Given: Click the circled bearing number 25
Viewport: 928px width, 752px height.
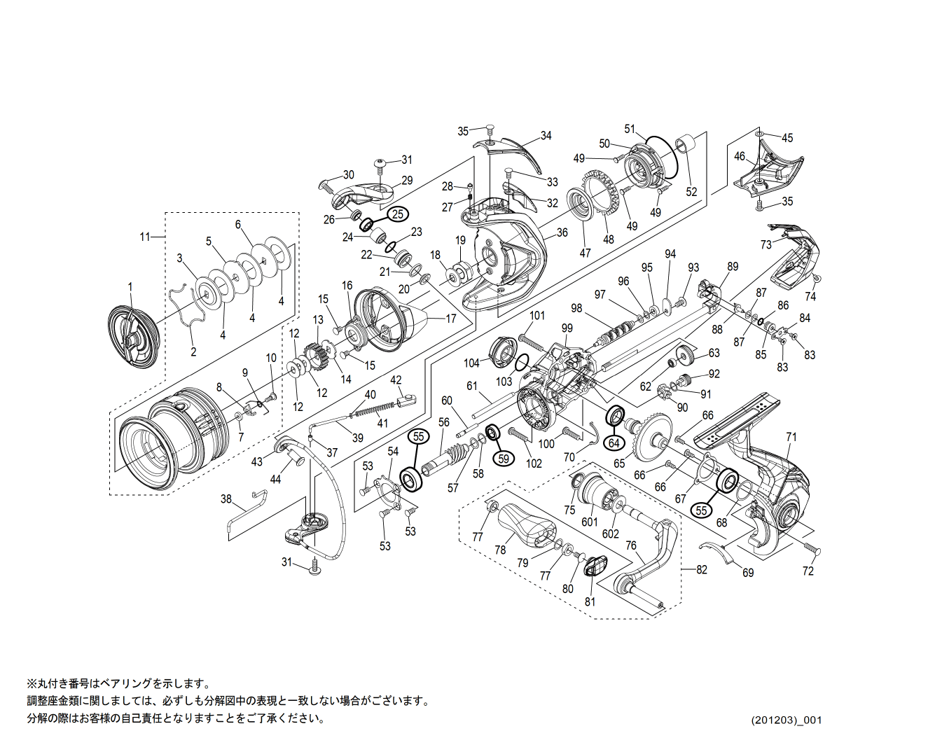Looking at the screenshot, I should point(397,214).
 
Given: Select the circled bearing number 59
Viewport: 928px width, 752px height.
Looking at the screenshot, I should point(502,459).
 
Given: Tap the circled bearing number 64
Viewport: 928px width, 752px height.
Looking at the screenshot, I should point(614,443).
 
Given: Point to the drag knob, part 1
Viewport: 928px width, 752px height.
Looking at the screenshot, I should point(134,335).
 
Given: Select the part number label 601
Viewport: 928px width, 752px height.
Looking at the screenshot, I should point(590,522).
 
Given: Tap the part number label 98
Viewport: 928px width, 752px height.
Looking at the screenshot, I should point(576,308).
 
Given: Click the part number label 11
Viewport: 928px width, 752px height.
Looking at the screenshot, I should point(145,237).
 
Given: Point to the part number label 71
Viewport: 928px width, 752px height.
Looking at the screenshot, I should point(791,437).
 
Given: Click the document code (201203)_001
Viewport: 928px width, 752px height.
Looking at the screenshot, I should point(787,720).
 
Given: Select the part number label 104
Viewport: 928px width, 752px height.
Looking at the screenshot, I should point(471,363).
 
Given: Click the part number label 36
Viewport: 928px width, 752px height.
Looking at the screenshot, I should point(562,233).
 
